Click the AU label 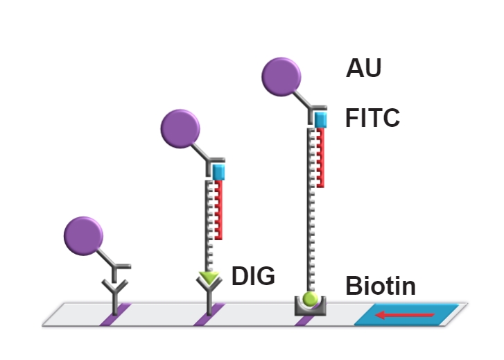click(x=364, y=69)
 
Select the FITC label click(x=372, y=119)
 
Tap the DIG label click(x=253, y=276)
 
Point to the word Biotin click(x=381, y=286)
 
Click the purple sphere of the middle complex click(x=180, y=128)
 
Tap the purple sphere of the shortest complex click(x=84, y=236)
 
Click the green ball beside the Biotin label click(x=310, y=299)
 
